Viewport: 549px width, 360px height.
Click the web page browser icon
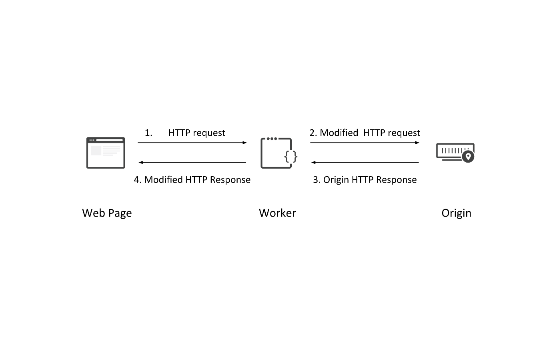click(x=106, y=153)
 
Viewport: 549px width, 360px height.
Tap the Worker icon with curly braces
click(x=276, y=153)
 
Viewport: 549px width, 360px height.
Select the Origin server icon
click(x=455, y=153)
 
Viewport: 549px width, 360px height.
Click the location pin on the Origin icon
click(x=468, y=156)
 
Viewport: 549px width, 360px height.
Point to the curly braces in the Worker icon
click(x=291, y=156)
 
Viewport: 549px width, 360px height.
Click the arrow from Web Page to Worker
click(x=192, y=143)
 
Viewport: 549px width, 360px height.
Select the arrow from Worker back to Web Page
click(x=192, y=163)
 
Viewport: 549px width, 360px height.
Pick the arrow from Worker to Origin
click(x=365, y=143)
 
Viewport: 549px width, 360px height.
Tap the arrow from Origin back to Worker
click(x=365, y=163)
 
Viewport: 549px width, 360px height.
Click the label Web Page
click(x=107, y=213)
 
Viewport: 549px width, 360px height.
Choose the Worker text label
click(x=277, y=213)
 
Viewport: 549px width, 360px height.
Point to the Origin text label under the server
click(x=456, y=213)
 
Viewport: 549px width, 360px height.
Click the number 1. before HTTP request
click(x=148, y=133)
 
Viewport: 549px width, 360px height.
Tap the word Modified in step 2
click(x=339, y=133)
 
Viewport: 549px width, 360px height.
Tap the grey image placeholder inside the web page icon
click(x=96, y=151)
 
